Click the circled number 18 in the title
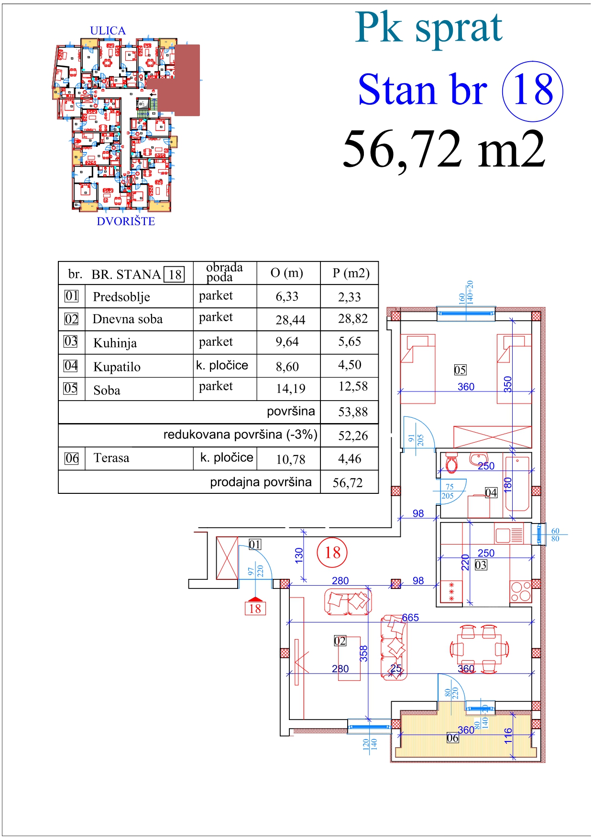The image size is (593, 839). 533,91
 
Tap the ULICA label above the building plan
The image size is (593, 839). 108,31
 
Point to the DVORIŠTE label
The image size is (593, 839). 126,221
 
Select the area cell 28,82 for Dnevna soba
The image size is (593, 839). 352,319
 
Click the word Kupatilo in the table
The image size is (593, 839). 117,367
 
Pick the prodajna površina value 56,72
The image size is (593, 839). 348,483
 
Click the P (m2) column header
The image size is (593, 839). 351,273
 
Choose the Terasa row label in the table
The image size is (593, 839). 111,458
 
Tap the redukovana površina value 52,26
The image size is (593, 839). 353,436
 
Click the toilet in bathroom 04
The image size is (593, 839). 451,463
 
